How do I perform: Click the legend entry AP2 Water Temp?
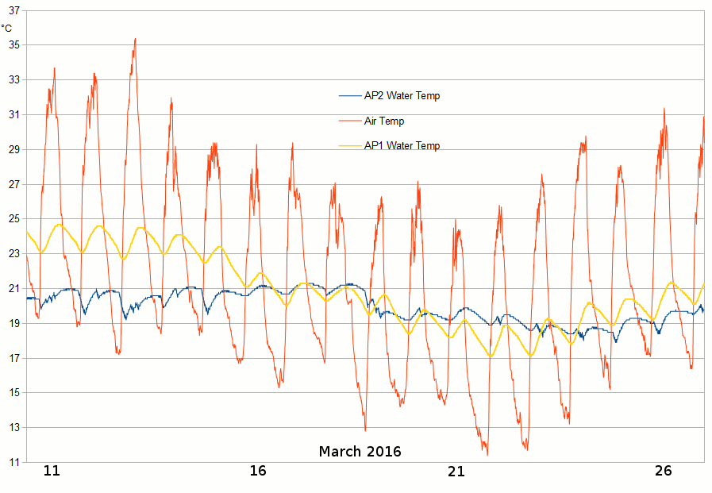(402, 96)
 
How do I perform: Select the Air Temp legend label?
(384, 121)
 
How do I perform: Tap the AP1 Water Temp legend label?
(402, 146)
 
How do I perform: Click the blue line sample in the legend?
(349, 96)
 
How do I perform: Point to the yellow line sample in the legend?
(349, 146)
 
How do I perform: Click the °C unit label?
(7, 29)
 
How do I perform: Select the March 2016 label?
(360, 452)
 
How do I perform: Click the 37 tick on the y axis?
(13, 10)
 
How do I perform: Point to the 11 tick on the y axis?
(13, 462)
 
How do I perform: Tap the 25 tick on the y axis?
(13, 219)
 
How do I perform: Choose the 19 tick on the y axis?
(13, 323)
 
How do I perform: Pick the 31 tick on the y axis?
(13, 114)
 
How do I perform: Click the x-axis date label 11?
(52, 471)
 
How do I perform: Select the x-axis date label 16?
(257, 471)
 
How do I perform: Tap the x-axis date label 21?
(456, 471)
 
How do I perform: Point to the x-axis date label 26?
(664, 471)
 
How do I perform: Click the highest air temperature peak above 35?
(135, 39)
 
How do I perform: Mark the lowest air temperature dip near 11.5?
(487, 454)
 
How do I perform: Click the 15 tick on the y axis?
(13, 393)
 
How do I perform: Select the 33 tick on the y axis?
(13, 79)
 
